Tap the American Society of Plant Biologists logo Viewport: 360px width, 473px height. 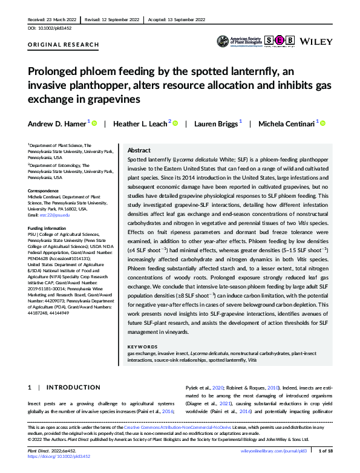[240, 41]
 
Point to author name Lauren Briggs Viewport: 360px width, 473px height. [216, 123]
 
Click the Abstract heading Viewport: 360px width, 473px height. [139, 150]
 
